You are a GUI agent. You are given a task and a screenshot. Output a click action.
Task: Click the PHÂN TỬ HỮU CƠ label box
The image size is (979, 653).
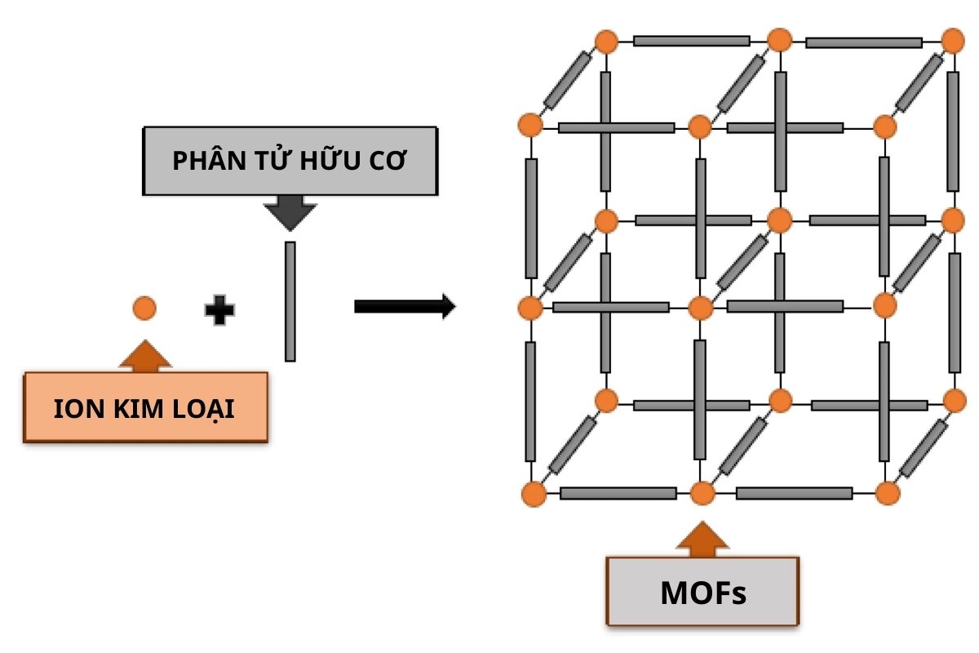coord(290,161)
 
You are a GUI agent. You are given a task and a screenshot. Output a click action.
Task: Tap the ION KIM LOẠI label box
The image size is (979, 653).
coord(145,408)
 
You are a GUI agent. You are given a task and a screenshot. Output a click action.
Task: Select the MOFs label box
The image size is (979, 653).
coord(702,592)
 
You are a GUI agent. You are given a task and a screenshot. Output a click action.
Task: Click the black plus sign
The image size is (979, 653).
coord(219,310)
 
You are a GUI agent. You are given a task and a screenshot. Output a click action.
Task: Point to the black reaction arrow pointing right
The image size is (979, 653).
coord(405,307)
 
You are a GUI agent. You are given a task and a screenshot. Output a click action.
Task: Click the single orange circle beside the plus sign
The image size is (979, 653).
coord(144,308)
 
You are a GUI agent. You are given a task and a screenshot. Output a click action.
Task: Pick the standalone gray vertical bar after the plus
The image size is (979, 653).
coord(290,301)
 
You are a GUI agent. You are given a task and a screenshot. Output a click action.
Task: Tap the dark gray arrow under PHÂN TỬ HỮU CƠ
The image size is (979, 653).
coord(290,213)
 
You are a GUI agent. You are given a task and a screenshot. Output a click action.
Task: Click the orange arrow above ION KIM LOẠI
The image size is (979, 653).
coord(144,357)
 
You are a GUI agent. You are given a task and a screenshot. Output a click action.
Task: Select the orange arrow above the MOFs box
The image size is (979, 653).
coord(702,540)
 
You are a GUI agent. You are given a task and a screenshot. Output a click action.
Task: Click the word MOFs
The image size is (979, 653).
coord(702,593)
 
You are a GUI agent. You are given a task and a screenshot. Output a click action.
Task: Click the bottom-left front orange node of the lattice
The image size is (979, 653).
coord(533,494)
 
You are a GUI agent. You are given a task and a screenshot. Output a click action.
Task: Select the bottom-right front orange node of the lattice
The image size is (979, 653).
coord(887,493)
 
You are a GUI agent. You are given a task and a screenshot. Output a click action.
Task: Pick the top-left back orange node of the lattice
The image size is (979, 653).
coord(605,41)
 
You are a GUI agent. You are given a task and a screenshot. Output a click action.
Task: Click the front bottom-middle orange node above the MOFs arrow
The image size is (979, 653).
coord(702,493)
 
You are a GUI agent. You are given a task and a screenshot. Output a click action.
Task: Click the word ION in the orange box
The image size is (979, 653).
coord(71,409)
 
